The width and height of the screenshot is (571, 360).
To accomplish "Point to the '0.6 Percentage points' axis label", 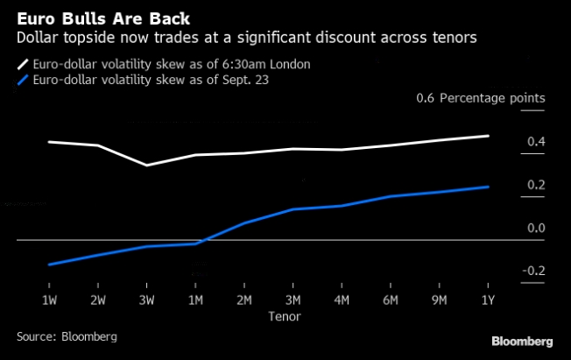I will click(x=481, y=98).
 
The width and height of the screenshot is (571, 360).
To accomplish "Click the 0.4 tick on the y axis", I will click(x=536, y=142).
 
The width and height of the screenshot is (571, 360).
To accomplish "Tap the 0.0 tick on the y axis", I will click(x=536, y=228).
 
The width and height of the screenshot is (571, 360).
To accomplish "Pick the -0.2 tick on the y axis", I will click(x=533, y=271).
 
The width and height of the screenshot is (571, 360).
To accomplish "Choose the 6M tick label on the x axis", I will click(x=390, y=300).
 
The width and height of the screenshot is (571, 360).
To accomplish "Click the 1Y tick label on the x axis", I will click(x=487, y=300).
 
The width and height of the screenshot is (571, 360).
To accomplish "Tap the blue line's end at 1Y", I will click(x=488, y=187).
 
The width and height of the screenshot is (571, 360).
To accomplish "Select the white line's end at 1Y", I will click(x=488, y=136).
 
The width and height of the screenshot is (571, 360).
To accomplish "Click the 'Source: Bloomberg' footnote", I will click(x=67, y=336).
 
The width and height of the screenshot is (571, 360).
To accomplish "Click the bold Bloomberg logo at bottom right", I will click(x=521, y=341).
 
